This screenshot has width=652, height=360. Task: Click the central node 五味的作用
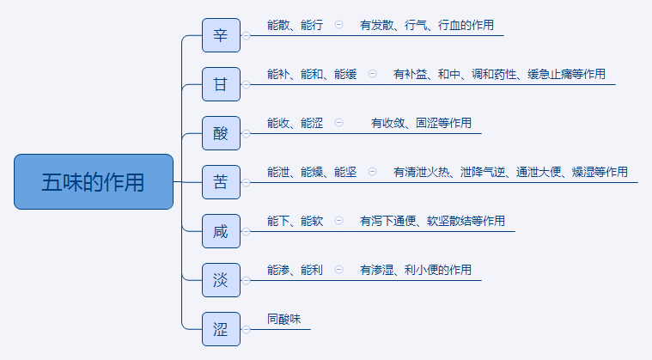(94, 181)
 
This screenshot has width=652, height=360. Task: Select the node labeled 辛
(221, 36)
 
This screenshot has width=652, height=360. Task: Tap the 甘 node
(221, 84)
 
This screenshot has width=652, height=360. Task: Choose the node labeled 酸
(221, 133)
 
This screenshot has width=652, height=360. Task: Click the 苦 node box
(221, 181)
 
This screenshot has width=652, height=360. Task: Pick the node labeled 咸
(221, 230)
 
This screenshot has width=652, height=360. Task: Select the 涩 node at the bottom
(221, 327)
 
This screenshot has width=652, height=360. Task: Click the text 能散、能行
(295, 26)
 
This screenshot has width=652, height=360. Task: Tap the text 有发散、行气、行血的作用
(427, 26)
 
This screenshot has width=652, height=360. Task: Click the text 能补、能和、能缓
(311, 75)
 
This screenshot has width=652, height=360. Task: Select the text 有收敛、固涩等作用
(421, 124)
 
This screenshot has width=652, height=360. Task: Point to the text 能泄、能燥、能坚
(311, 172)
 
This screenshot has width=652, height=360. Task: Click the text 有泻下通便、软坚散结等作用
(432, 221)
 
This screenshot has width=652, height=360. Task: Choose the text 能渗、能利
(295, 270)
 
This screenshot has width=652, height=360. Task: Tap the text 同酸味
(283, 319)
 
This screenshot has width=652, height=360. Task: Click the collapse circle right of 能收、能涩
(338, 123)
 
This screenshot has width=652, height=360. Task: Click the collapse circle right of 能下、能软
(338, 220)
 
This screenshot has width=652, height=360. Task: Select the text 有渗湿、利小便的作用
(416, 270)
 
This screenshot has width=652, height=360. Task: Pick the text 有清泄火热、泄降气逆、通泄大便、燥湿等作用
(510, 172)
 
